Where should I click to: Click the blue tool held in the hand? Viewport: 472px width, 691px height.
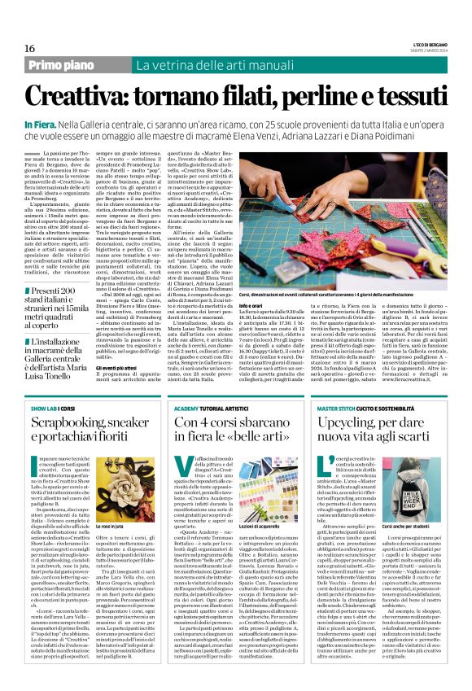pos(404,194)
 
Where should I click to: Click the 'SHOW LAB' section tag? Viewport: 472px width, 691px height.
pos(44,407)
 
